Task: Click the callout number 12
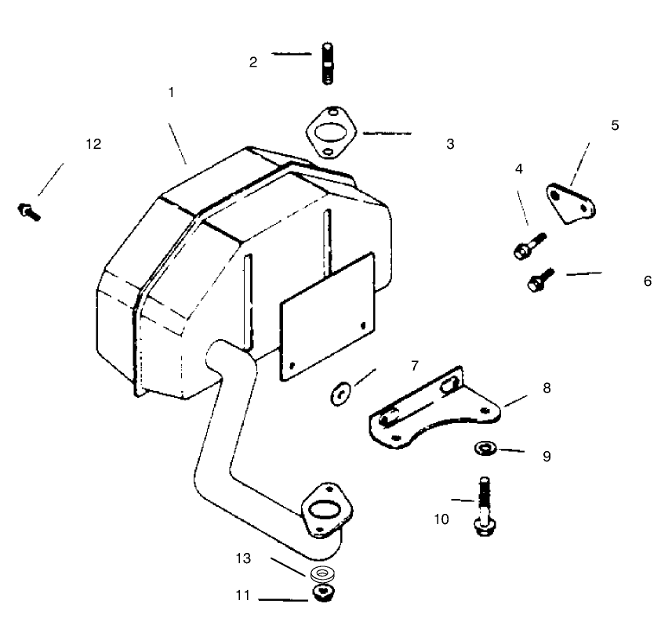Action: tap(93, 144)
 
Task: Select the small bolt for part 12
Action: tap(29, 211)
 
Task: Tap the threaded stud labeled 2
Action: tap(328, 63)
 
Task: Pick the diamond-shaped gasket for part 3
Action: tap(332, 132)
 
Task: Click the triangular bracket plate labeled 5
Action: tap(570, 204)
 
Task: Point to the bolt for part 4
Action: tap(530, 246)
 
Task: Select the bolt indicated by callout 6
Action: tap(541, 280)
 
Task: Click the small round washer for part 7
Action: tap(341, 393)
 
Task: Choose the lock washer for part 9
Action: tap(485, 448)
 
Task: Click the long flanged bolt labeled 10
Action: tap(485, 507)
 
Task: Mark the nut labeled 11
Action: tap(324, 593)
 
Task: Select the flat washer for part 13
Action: tap(322, 573)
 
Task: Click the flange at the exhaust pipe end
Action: tap(327, 511)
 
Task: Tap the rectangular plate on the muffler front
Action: tap(327, 316)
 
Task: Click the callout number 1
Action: tap(172, 92)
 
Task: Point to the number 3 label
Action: tap(450, 144)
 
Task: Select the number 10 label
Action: tap(441, 519)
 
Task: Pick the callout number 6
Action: tap(648, 281)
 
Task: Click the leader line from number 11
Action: tap(283, 600)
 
